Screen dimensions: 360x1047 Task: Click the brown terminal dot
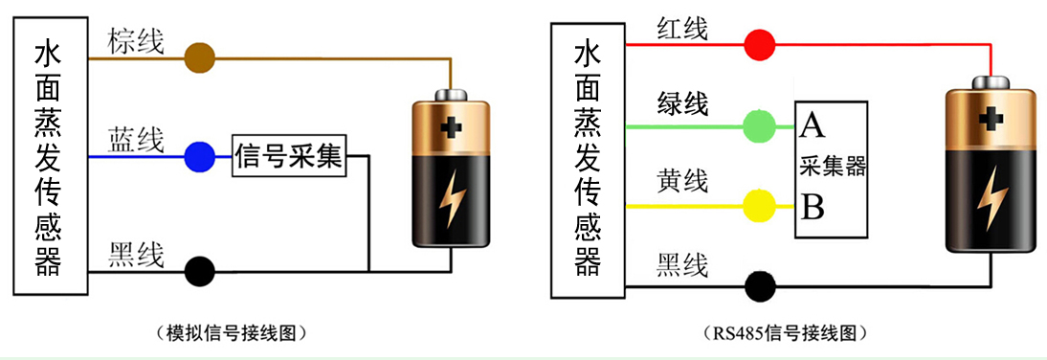click(x=199, y=57)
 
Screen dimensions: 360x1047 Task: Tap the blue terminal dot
click(x=199, y=156)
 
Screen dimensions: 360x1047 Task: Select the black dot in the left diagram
click(x=199, y=271)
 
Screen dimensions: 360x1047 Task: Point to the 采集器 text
click(x=832, y=167)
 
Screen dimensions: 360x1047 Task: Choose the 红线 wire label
click(x=681, y=29)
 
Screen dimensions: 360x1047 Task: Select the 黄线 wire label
click(x=681, y=182)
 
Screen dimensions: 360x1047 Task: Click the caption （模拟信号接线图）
click(x=235, y=333)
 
